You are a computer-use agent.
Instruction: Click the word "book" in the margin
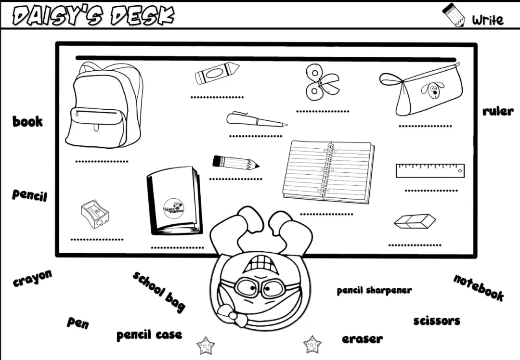pos(27,121)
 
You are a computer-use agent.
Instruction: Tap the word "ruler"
pos(498,111)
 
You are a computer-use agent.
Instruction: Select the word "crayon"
pos(32,278)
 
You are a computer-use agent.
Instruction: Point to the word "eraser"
pos(362,339)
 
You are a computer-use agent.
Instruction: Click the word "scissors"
pos(436,321)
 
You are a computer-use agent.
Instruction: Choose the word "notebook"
pos(479,287)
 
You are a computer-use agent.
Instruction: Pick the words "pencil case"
pos(149,334)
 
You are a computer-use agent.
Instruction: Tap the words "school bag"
pos(159,291)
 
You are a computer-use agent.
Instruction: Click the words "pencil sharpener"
pos(374,290)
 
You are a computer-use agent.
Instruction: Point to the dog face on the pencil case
pos(432,89)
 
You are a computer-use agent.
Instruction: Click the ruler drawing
pos(430,170)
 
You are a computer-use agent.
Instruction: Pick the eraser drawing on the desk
pos(415,221)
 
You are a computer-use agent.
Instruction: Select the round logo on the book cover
pos(174,208)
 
